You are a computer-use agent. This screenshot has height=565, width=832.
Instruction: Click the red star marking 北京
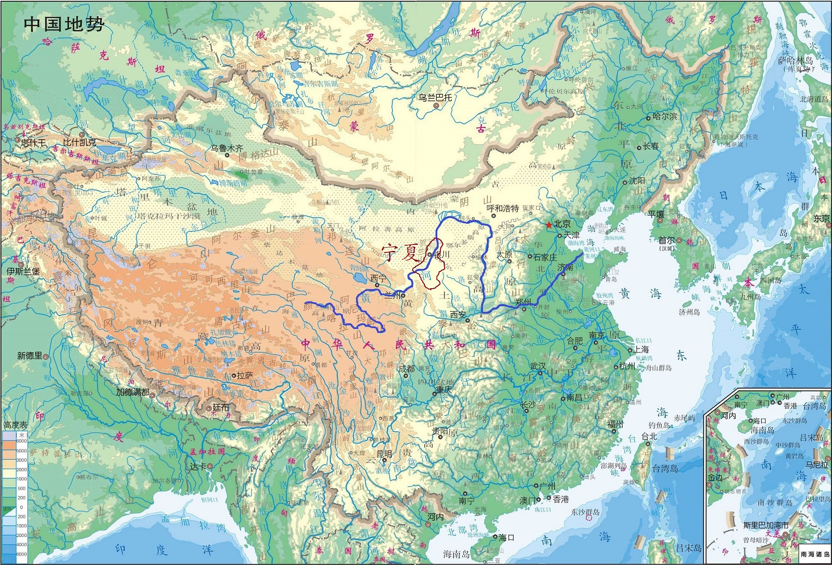tap(549, 225)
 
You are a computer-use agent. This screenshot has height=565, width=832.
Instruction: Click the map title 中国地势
tap(64, 24)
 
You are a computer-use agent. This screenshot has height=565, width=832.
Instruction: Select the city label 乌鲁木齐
tap(227, 148)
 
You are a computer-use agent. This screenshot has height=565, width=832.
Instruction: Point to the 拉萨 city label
tap(245, 375)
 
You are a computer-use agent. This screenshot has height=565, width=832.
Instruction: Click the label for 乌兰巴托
tap(435, 97)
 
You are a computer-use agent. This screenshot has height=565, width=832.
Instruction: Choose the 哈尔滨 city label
tap(665, 117)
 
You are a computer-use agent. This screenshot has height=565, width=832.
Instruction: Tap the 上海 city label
tap(641, 349)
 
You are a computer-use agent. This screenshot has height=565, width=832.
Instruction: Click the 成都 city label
tap(407, 368)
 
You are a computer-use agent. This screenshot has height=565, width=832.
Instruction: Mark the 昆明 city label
tap(384, 454)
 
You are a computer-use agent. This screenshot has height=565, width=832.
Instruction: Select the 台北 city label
tap(649, 436)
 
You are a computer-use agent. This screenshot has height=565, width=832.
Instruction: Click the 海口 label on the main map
tap(506, 537)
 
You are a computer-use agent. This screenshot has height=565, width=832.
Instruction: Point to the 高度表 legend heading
tap(15, 425)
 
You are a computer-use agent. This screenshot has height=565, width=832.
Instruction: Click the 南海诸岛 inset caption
tap(815, 554)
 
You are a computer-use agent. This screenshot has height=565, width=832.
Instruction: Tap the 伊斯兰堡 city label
tap(23, 271)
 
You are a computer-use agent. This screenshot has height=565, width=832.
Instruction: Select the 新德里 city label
tap(29, 355)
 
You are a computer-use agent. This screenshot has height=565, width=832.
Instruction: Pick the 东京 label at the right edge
tap(822, 218)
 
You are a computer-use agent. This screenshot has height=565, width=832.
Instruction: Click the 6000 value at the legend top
tap(22, 441)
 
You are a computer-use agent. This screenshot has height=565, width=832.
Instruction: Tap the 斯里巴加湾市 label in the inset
tap(766, 525)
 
